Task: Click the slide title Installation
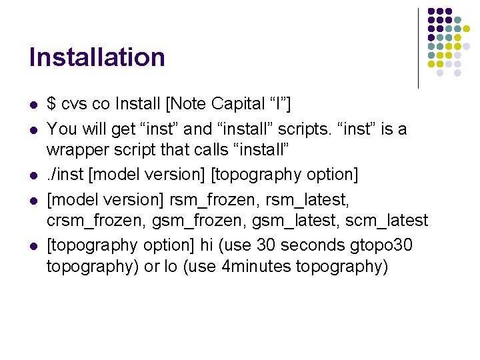[x=97, y=57]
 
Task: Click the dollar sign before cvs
[x=51, y=104]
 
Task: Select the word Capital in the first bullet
[x=238, y=104]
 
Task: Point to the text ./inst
[x=65, y=175]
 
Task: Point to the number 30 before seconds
[x=265, y=245]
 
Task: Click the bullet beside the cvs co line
[x=33, y=105]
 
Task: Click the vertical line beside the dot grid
[x=418, y=48]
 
